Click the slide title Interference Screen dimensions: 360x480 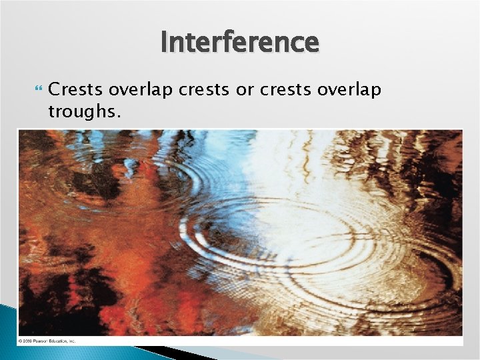(240, 42)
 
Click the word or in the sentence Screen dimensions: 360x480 (245, 89)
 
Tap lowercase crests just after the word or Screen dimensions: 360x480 (281, 89)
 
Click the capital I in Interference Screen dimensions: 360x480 (164, 42)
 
